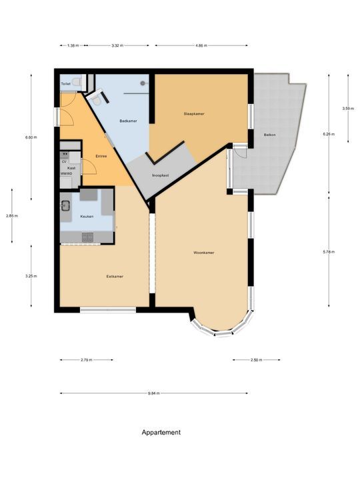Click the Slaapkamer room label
pyautogui.click(x=194, y=114)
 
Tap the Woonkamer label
pyautogui.click(x=203, y=253)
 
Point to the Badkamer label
pyautogui.click(x=128, y=121)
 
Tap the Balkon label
pyautogui.click(x=270, y=134)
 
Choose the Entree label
pyautogui.click(x=101, y=155)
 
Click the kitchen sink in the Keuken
pyautogui.click(x=67, y=205)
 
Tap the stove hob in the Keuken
pyautogui.click(x=89, y=237)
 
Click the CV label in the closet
pyautogui.click(x=65, y=161)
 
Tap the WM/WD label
pyautogui.click(x=66, y=173)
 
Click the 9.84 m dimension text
pyautogui.click(x=154, y=394)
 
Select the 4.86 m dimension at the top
pyautogui.click(x=201, y=45)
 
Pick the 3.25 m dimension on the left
pyautogui.click(x=31, y=276)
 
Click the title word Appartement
pyautogui.click(x=161, y=432)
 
